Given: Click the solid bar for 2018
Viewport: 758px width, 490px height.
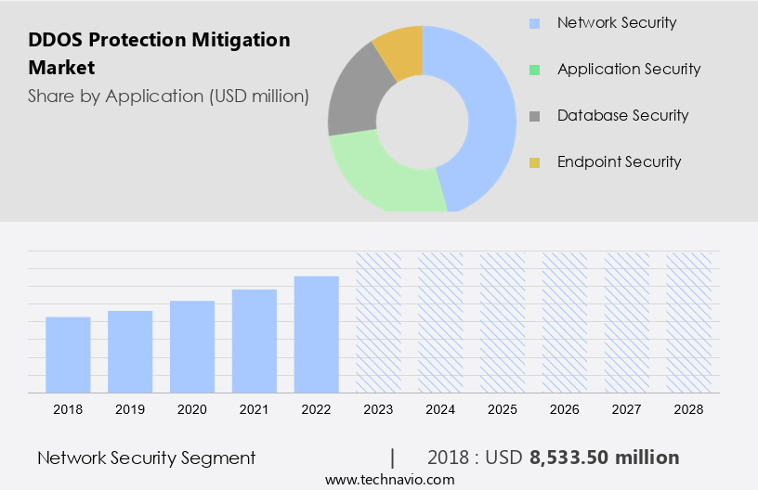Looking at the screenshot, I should coord(68,355).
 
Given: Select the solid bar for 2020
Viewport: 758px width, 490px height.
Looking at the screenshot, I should coord(192,346).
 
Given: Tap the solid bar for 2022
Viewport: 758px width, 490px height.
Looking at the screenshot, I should coord(317,334).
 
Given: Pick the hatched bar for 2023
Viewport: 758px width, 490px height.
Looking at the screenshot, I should coord(379,322).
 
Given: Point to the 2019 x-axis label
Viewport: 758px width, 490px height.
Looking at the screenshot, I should coord(130,408).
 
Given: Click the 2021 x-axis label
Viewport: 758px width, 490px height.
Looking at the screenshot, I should coord(255,408).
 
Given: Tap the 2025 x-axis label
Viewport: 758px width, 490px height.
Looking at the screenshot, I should coord(503,408).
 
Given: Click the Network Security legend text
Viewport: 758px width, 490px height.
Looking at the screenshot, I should coord(617,22).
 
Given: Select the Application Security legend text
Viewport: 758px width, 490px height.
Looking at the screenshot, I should coord(629,69).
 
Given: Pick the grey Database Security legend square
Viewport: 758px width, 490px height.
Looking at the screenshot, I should coord(535,116).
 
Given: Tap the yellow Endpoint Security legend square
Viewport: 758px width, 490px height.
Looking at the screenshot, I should coord(535,162).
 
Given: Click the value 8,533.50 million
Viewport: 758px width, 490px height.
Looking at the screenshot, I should coord(604,458).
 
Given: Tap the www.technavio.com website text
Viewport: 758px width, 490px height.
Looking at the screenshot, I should coord(390,480).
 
